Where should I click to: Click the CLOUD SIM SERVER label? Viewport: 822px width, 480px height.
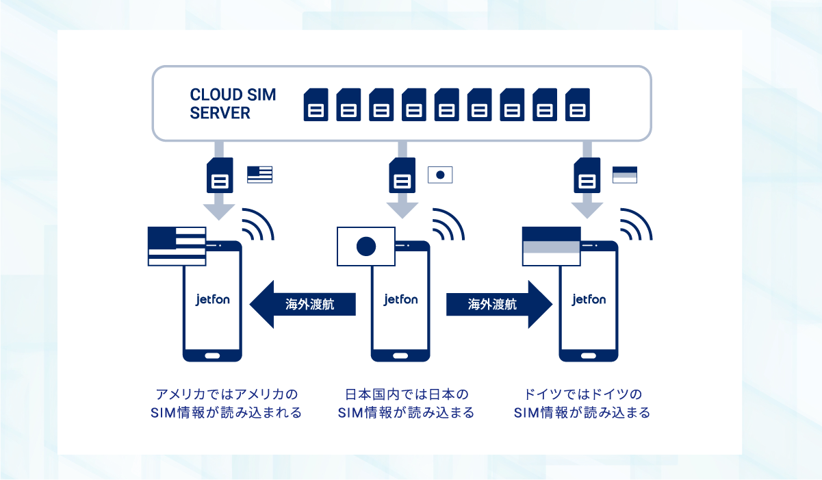pyautogui.click(x=233, y=104)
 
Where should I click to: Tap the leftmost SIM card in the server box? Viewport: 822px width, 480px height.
pyautogui.click(x=316, y=105)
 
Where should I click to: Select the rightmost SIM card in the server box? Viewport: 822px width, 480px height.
pyautogui.click(x=578, y=105)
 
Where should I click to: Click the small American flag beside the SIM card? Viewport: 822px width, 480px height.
pyautogui.click(x=260, y=174)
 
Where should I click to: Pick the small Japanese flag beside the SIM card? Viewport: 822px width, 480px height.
pyautogui.click(x=440, y=175)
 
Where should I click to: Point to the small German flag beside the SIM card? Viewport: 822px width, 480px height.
pyautogui.click(x=624, y=175)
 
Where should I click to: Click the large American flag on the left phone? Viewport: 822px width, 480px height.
pyautogui.click(x=177, y=246)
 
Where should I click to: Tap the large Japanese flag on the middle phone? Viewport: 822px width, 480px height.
pyautogui.click(x=366, y=246)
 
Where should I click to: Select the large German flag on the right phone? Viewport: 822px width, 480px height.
pyautogui.click(x=551, y=246)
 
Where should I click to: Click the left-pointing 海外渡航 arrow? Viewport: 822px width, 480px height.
pyautogui.click(x=304, y=304)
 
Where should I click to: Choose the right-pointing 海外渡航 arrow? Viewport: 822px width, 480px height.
pyautogui.click(x=498, y=304)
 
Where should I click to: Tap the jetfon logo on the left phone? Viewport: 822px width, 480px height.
pyautogui.click(x=212, y=299)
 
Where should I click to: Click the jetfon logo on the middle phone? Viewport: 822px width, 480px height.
pyautogui.click(x=400, y=299)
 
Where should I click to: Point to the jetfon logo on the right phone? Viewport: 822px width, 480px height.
pyautogui.click(x=589, y=299)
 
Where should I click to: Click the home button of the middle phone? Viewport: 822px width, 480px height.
pyautogui.click(x=400, y=355)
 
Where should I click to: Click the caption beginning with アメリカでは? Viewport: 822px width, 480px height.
pyautogui.click(x=227, y=404)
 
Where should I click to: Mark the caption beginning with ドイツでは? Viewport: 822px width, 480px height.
pyautogui.click(x=582, y=404)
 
